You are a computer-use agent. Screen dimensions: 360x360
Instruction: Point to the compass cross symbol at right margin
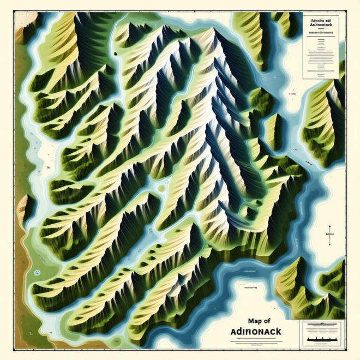[329, 232]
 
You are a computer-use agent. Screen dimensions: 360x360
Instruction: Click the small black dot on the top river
[116, 53]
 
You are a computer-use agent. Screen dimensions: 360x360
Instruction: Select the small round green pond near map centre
[162, 189]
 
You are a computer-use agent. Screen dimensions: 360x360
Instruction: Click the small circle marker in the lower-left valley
[38, 271]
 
